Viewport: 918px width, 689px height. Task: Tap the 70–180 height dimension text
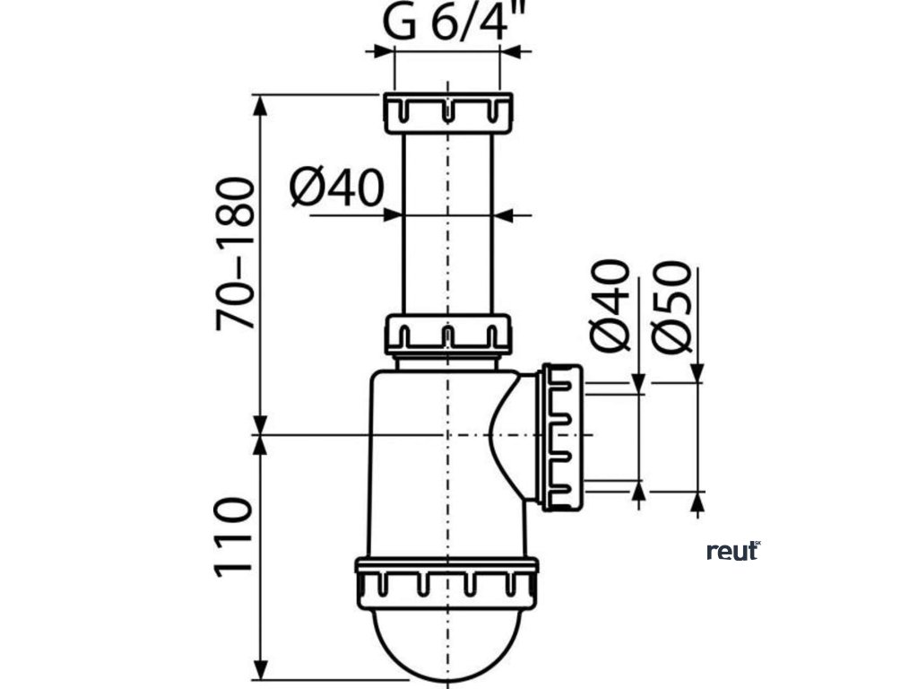click(x=236, y=255)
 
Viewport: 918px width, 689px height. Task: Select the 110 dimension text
click(x=236, y=539)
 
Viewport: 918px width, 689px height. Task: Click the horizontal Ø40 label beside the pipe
click(x=337, y=189)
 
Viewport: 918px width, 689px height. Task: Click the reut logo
click(x=732, y=551)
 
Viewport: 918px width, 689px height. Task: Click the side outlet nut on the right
click(x=561, y=436)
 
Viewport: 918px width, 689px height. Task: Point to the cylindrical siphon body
click(x=421, y=467)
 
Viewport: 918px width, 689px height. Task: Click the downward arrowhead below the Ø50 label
click(x=698, y=371)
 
